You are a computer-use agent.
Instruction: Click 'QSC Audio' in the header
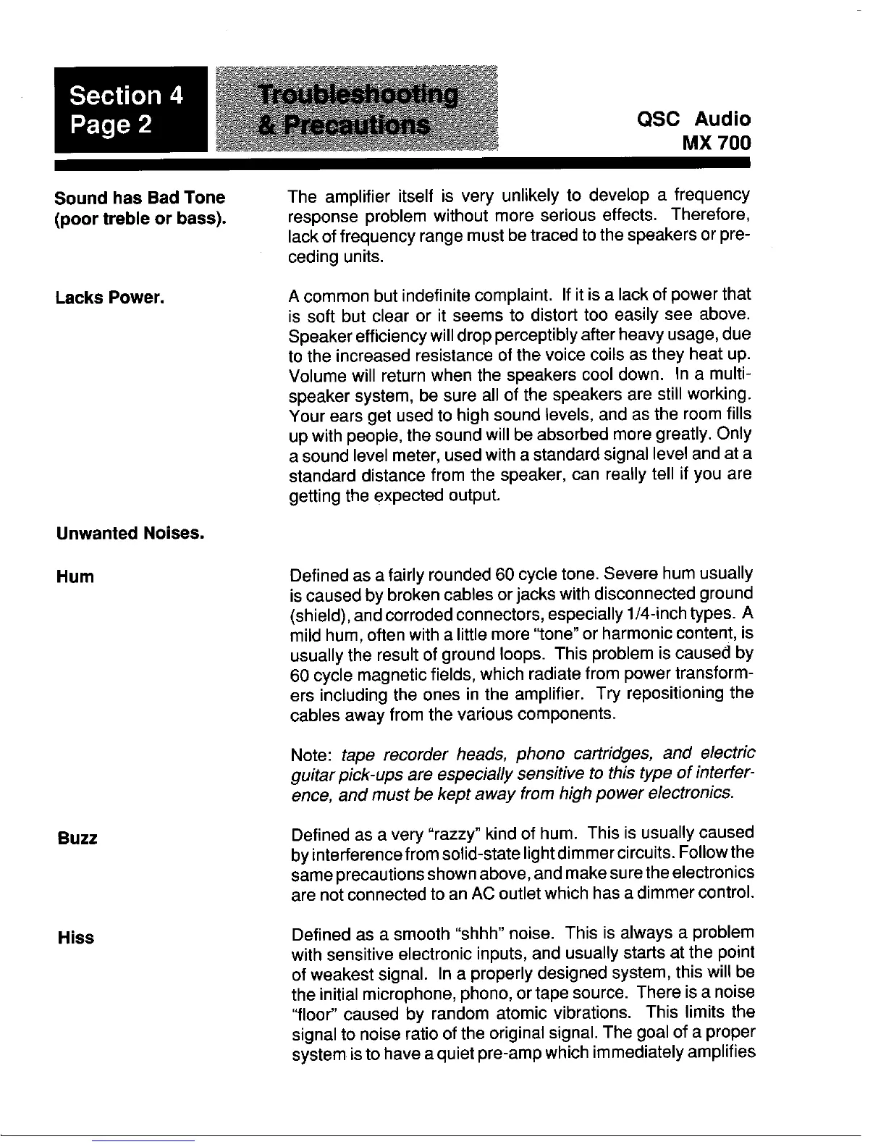pos(693,119)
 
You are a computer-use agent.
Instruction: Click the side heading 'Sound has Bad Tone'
pos(140,198)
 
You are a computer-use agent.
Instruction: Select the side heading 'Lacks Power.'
pos(110,298)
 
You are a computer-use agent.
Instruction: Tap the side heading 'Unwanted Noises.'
pos(130,534)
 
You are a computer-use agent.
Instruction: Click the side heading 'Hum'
pos(75,577)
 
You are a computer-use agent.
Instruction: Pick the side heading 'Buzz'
pos(77,839)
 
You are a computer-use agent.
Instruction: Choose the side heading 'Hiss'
pos(76,938)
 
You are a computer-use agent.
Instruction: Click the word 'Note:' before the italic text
pos(311,755)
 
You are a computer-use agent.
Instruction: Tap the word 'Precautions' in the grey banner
pos(345,126)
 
